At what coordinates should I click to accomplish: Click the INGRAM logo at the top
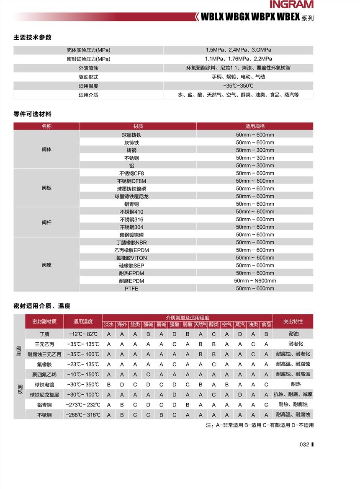291,5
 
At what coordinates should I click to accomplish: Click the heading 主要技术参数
33,37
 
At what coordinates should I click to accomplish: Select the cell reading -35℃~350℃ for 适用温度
238,86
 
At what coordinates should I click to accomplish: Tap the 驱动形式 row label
88,77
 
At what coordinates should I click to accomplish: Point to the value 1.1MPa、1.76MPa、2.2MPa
238,59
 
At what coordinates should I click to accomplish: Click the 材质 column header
138,126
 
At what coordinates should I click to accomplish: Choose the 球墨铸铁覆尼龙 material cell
132,197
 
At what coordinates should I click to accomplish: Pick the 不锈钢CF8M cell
132,181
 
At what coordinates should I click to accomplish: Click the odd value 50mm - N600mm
255,281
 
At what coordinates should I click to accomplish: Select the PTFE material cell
131,289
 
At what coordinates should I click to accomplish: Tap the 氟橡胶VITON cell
132,258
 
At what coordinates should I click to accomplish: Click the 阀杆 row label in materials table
46,223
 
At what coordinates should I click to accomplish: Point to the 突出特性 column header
293,321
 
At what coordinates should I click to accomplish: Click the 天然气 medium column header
201,325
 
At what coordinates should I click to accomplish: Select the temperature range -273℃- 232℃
83,405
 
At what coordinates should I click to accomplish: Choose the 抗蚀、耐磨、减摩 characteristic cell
293,395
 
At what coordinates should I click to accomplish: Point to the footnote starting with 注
260,425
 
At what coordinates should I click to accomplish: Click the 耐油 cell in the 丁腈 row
293,334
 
